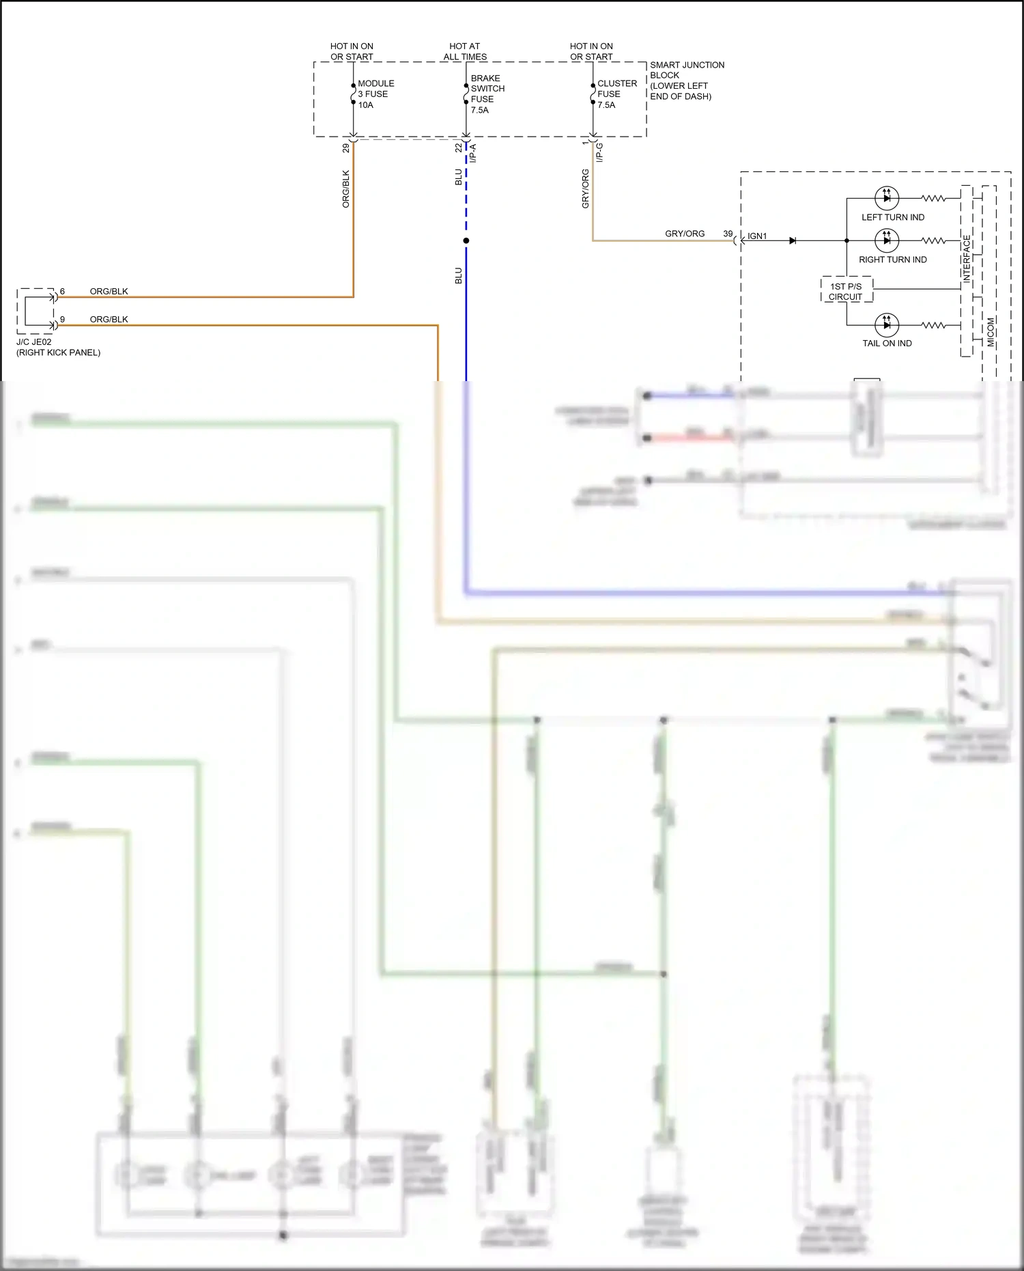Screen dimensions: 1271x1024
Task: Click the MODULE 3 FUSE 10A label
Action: pos(375,94)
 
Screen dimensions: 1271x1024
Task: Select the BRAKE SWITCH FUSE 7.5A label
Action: pos(487,94)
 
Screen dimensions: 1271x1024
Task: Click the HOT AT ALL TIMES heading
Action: pos(465,51)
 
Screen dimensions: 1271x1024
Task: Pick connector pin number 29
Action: pos(346,148)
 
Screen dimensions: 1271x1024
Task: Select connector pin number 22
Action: pos(459,148)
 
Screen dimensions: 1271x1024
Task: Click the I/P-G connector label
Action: pos(599,152)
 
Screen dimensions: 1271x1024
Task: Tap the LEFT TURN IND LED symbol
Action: pos(886,198)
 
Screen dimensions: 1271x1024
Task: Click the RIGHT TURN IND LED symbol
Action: pos(886,240)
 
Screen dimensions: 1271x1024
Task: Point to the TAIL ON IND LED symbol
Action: pos(886,324)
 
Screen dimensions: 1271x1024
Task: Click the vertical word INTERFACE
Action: pos(967,259)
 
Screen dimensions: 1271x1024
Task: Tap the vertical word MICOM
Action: pos(991,331)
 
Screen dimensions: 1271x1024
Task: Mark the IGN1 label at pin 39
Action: pos(757,236)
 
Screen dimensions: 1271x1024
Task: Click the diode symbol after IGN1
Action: pos(793,240)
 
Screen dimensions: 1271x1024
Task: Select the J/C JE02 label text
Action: pos(34,342)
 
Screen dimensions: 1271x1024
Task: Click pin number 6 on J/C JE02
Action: pos(62,292)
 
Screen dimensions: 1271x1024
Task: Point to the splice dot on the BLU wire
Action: pos(466,240)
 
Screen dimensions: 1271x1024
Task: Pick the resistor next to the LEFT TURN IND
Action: pos(933,198)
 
